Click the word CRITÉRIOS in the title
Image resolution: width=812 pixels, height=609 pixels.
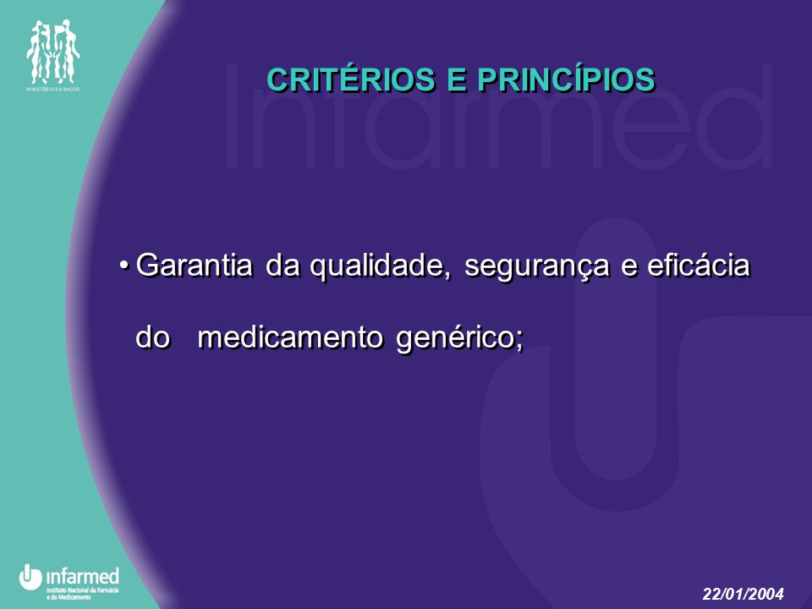[x=351, y=80]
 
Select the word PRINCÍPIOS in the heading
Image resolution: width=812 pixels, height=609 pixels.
[x=567, y=80]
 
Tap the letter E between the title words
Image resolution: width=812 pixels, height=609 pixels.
[x=456, y=81]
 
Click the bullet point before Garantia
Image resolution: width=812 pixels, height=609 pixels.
[x=123, y=266]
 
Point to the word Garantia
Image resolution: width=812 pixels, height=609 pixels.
[x=195, y=265]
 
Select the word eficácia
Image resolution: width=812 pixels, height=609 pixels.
[x=698, y=265]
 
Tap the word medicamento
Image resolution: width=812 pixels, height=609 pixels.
[x=290, y=337]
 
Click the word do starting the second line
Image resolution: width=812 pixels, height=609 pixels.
[x=153, y=337]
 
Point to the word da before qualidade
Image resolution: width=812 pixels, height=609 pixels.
[x=283, y=265]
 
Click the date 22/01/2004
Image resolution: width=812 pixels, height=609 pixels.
[x=743, y=594]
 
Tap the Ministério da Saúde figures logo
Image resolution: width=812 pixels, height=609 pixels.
[x=52, y=52]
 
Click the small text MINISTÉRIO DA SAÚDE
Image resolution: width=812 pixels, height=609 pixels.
[x=52, y=90]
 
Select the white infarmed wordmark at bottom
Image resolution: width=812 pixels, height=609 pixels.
[x=83, y=576]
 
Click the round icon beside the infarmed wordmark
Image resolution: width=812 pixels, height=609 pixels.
[x=30, y=577]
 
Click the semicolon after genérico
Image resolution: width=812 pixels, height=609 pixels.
[x=519, y=342]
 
